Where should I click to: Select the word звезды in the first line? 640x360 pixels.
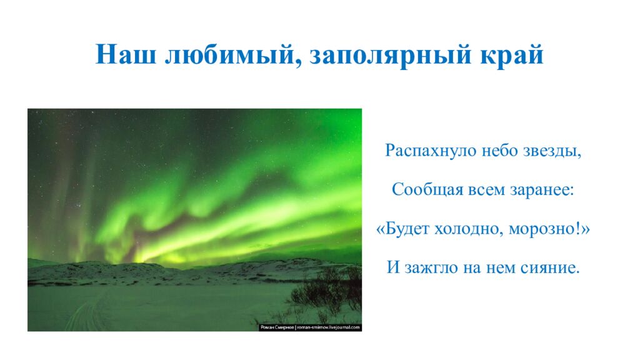coord(552,151)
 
